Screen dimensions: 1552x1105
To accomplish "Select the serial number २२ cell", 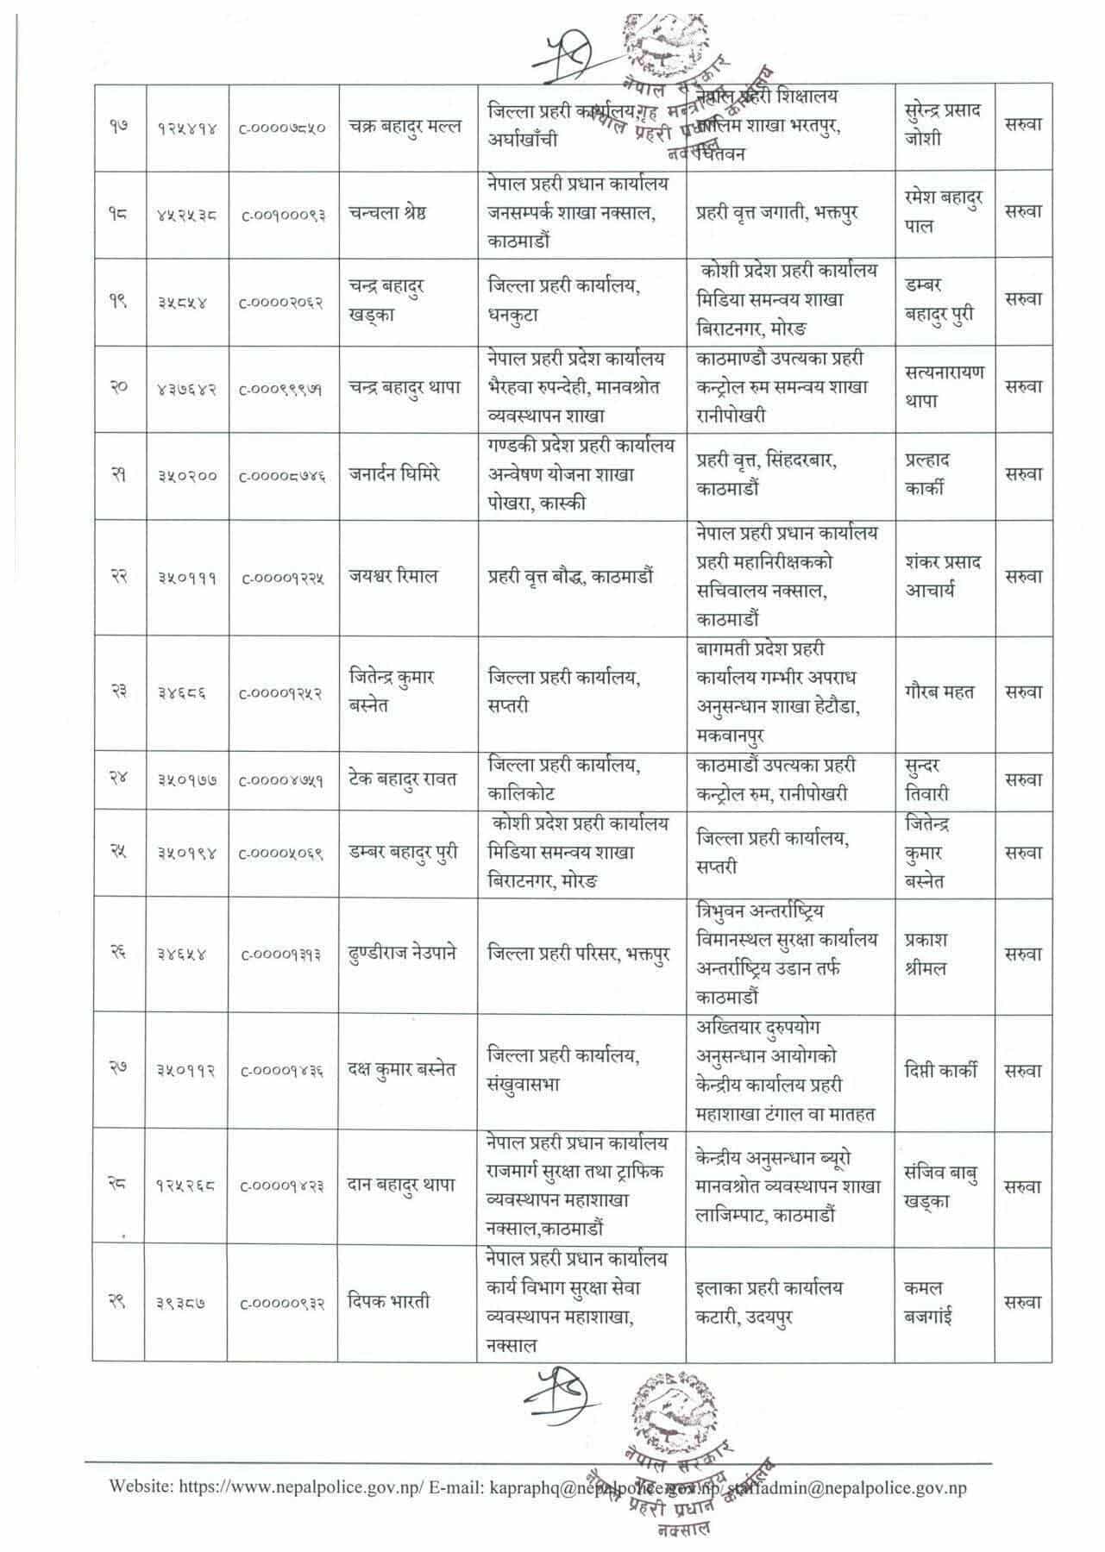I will pos(118,577).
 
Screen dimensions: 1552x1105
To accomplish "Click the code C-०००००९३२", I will pos(282,1304).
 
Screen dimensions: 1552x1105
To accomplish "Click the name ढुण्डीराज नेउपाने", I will pos(404,954).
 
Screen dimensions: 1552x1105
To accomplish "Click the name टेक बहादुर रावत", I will pos(403,779).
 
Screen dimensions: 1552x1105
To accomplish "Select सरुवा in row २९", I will pos(1023,1303).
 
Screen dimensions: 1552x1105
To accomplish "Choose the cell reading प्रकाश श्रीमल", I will pos(926,954).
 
